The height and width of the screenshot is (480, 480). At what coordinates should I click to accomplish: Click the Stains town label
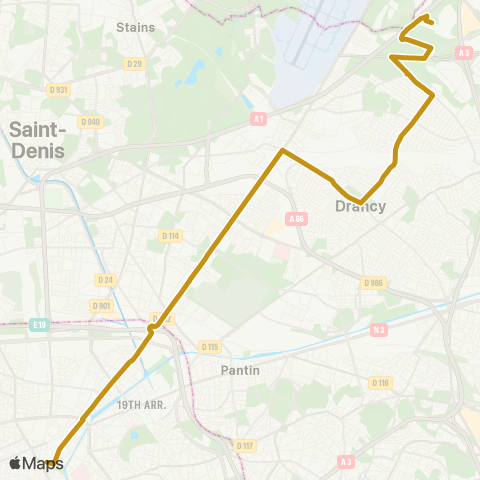[x=136, y=27]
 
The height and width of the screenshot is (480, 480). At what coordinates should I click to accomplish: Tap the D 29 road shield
[x=134, y=64]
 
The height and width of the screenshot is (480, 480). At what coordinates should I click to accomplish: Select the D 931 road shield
[x=58, y=90]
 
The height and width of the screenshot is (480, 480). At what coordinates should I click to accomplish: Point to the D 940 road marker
[x=91, y=122]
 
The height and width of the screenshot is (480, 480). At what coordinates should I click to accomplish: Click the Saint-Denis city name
[x=36, y=140]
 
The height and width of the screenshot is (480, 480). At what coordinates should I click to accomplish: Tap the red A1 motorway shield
[x=259, y=118]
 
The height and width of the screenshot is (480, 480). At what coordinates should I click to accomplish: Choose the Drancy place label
[x=360, y=207]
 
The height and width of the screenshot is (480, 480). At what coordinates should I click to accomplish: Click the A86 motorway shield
[x=296, y=218]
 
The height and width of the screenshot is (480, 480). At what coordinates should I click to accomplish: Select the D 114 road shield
[x=170, y=236]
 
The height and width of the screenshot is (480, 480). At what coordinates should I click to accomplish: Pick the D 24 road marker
[x=106, y=280]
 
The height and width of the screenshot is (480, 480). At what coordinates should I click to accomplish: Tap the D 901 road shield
[x=100, y=306]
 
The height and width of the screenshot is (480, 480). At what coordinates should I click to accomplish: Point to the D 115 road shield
[x=209, y=347]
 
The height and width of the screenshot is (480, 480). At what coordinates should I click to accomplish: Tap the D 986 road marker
[x=374, y=283]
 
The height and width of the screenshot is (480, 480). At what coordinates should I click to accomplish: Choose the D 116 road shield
[x=380, y=382]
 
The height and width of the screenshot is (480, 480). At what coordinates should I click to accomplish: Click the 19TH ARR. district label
[x=140, y=405]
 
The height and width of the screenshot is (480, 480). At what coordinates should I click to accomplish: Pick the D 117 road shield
[x=244, y=445]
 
